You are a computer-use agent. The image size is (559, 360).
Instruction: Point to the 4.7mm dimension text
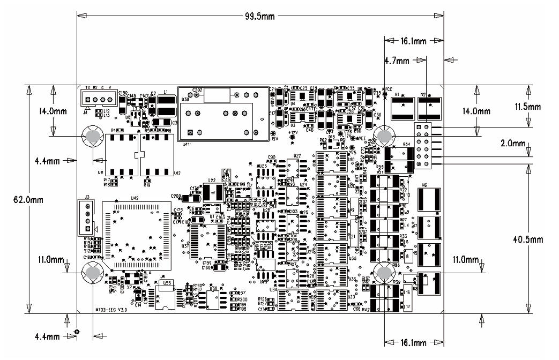click(x=397, y=61)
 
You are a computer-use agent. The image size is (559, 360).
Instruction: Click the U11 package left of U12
click(x=121, y=155)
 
